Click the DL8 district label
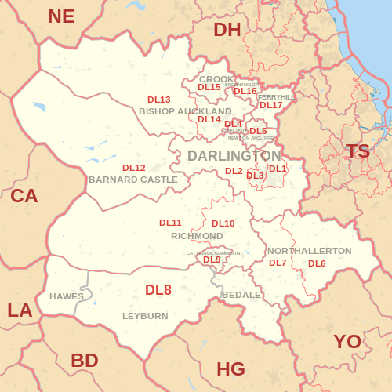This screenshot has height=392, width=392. (158, 290)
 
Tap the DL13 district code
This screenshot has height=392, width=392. (159, 100)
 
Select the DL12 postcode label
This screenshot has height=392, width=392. (134, 168)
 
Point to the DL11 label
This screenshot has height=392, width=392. (170, 223)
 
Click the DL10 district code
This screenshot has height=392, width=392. (223, 223)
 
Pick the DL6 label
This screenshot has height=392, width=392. (317, 263)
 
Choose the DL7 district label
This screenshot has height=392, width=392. (278, 263)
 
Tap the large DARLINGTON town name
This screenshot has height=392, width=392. (234, 156)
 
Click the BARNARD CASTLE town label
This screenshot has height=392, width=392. (133, 180)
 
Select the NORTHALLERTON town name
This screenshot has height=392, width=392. (310, 251)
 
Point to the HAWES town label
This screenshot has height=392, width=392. (66, 296)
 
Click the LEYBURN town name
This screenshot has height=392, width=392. (145, 316)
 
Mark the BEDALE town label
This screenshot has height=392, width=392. (241, 295)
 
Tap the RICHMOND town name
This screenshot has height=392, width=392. (197, 236)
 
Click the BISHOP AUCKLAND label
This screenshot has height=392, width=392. (185, 111)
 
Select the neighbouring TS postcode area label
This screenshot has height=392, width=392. (358, 151)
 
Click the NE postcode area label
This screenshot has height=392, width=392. (61, 16)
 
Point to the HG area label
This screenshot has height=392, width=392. (230, 368)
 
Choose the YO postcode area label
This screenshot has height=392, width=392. (347, 341)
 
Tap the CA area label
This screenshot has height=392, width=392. (24, 196)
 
